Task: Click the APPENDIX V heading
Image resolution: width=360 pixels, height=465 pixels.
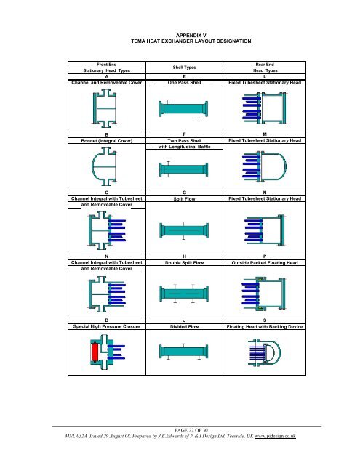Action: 191,36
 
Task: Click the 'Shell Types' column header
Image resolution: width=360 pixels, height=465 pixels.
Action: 184,68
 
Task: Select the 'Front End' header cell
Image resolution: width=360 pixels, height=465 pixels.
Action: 107,65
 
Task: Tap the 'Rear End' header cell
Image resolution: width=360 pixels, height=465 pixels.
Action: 265,65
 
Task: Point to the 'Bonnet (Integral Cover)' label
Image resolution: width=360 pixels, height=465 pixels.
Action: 107,140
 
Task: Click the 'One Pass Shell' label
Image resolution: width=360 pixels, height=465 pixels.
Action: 184,83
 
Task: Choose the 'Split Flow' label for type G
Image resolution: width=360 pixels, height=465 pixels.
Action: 184,199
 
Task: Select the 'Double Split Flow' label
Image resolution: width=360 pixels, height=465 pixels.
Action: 184,263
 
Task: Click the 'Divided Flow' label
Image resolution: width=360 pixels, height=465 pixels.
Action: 184,326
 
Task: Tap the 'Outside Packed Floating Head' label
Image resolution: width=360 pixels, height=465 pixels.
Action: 265,263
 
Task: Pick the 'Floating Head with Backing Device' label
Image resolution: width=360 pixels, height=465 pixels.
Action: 265,326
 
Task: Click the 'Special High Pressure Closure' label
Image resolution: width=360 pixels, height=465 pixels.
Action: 107,326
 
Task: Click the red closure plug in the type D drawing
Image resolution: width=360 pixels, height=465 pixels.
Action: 95,352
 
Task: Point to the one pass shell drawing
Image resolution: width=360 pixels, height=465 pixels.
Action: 184,109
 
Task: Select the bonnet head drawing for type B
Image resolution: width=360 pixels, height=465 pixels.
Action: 104,167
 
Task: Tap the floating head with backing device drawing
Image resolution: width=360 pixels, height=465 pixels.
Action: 264,352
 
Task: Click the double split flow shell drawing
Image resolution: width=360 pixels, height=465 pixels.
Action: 184,294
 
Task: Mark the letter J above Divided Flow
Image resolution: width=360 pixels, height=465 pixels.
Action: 184,320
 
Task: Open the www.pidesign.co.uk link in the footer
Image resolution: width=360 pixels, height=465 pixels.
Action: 275,436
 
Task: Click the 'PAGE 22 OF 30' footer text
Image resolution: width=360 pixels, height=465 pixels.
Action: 191,430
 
